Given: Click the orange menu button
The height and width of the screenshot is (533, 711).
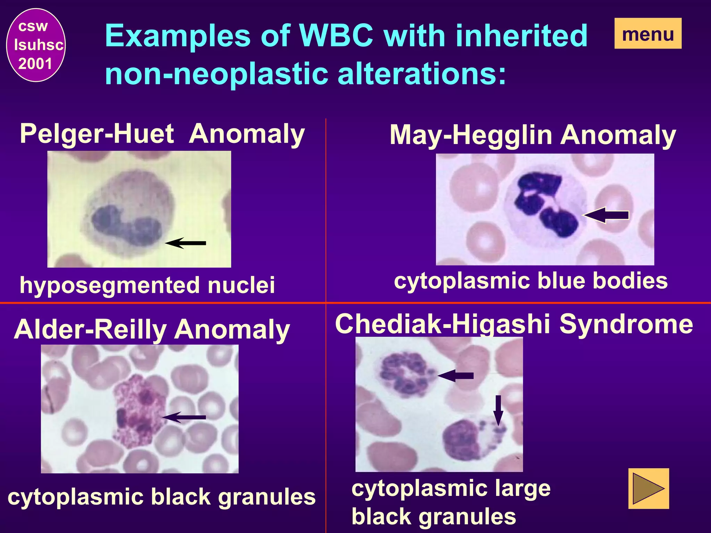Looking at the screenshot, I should click(x=648, y=34).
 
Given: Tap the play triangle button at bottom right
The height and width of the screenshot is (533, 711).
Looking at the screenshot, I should click(x=649, y=489).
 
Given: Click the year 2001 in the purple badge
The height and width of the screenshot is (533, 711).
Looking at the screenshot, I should click(x=35, y=64).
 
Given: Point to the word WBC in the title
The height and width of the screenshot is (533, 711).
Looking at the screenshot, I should click(x=336, y=36).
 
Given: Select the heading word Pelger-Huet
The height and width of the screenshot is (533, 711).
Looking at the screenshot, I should click(x=97, y=134).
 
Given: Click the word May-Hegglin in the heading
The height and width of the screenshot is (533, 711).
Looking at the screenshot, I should click(x=471, y=135).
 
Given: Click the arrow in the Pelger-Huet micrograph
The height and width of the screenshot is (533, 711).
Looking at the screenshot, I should click(x=185, y=243).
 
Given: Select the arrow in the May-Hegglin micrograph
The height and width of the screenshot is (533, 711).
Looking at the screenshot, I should click(x=606, y=215).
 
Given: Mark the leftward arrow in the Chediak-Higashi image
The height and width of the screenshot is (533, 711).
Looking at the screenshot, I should click(x=455, y=376).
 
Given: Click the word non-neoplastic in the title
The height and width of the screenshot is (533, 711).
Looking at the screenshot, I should click(x=216, y=74).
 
